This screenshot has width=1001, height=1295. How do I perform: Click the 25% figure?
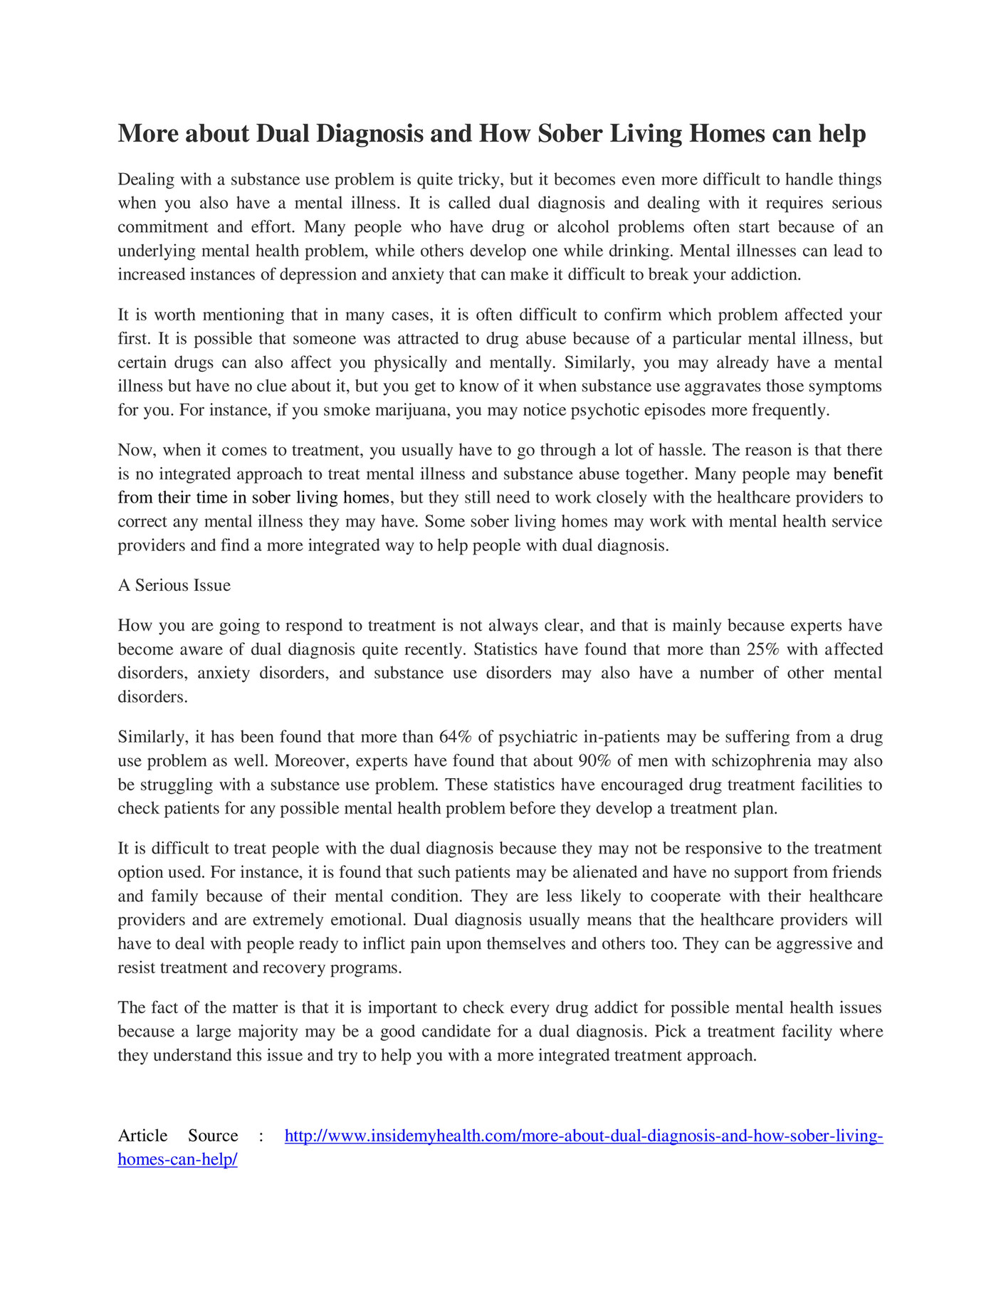click(764, 649)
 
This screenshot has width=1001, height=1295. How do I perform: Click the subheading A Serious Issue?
click(174, 585)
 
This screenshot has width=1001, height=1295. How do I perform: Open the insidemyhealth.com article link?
click(583, 1136)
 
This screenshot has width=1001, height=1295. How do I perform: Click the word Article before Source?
click(142, 1136)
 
